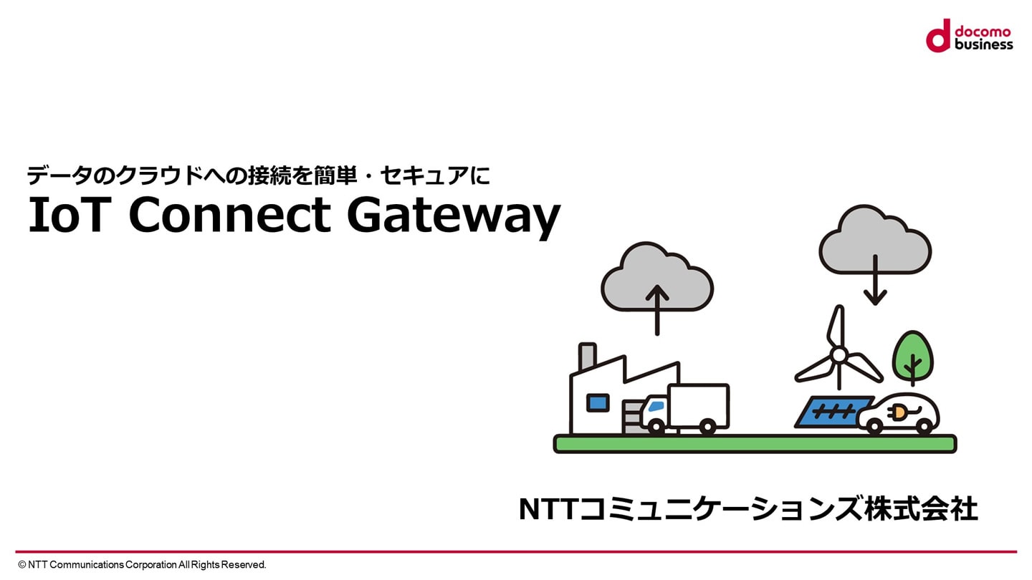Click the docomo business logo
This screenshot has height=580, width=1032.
coord(970,36)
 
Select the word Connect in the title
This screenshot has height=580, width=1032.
coord(230,215)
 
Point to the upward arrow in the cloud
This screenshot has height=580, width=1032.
coord(657,310)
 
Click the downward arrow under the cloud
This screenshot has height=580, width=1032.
coord(875,281)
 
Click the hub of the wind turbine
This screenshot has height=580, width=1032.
coord(839,355)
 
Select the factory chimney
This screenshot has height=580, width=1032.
coord(587,357)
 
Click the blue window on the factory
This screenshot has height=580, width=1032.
coord(598,403)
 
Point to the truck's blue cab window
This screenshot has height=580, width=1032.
coord(656,407)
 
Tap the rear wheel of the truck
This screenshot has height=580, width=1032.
coord(707,427)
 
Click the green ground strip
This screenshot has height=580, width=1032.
coord(755,444)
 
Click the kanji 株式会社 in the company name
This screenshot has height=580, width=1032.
coord(921,509)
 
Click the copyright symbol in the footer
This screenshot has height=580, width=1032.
coord(21,565)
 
